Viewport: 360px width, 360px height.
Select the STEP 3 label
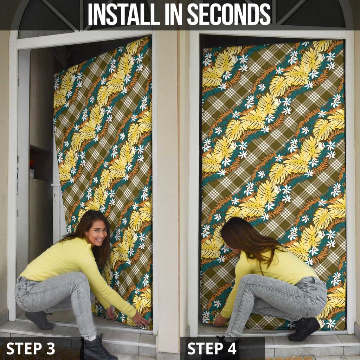31,348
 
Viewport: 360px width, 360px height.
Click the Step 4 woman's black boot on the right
304,329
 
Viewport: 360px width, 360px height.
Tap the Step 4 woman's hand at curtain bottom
220,320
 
